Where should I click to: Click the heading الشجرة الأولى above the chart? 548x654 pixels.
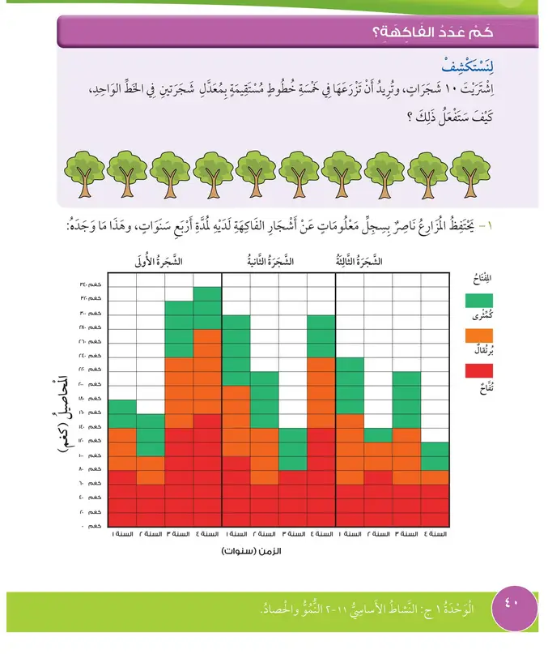pos(159,262)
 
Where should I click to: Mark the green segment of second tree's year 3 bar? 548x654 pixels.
pos(292,449)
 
